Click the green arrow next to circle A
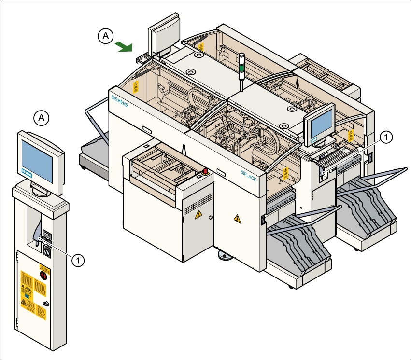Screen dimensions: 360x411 click(x=124, y=46)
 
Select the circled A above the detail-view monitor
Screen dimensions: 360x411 click(x=42, y=117)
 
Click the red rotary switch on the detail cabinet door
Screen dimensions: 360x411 click(x=43, y=276)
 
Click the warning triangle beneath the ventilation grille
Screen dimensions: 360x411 click(x=197, y=216)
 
